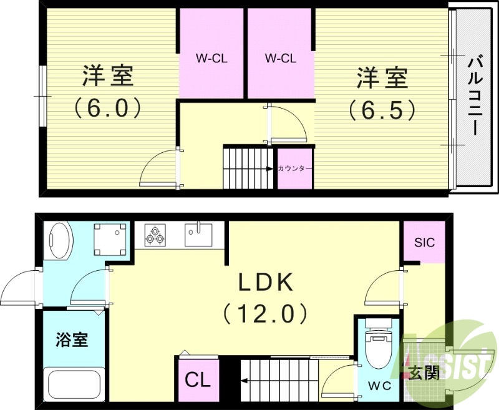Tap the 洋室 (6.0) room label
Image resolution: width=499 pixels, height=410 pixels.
point(108,92)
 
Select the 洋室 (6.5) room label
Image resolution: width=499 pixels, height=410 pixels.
point(382,93)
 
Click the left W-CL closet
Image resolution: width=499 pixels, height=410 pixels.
point(211,59)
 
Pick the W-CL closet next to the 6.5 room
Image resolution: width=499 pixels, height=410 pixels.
point(280,59)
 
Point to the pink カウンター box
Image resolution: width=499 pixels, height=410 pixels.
point(294,168)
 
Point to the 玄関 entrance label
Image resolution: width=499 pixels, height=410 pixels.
point(424,373)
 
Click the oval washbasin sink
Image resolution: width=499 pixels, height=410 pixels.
point(60,241)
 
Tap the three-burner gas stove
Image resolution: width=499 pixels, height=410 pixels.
point(156,236)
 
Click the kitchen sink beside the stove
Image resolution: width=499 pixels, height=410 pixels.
point(199,235)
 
